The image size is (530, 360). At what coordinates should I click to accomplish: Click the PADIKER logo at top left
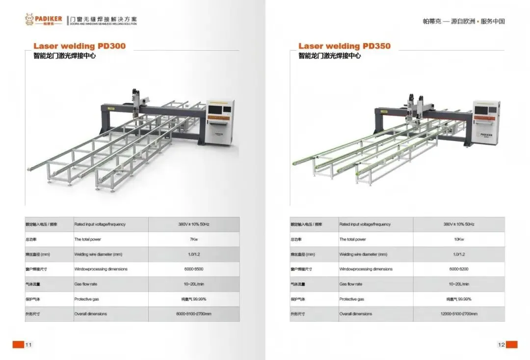pyautogui.click(x=44, y=20)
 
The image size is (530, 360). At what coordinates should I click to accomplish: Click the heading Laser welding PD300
pyautogui.click(x=79, y=46)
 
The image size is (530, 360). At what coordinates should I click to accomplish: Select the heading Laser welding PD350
pyautogui.click(x=344, y=46)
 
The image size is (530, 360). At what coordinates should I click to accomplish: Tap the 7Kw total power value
pyautogui.click(x=194, y=239)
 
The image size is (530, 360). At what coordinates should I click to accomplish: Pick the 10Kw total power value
pyautogui.click(x=459, y=239)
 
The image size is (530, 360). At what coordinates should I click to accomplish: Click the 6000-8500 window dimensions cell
pyautogui.click(x=194, y=269)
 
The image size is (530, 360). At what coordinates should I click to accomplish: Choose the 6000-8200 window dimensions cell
pyautogui.click(x=459, y=269)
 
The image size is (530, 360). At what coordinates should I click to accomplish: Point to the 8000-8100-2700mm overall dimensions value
pyautogui.click(x=194, y=314)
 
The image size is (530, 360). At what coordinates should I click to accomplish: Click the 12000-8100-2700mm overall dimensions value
pyautogui.click(x=459, y=314)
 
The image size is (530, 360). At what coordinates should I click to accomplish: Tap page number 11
pyautogui.click(x=28, y=345)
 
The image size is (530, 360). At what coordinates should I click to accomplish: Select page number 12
pyautogui.click(x=501, y=345)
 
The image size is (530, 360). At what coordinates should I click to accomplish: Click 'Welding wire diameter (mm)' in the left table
pyautogui.click(x=98, y=254)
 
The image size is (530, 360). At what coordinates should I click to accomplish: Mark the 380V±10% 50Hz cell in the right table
pyautogui.click(x=459, y=224)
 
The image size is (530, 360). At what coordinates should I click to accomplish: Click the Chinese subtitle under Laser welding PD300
pyautogui.click(x=64, y=56)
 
